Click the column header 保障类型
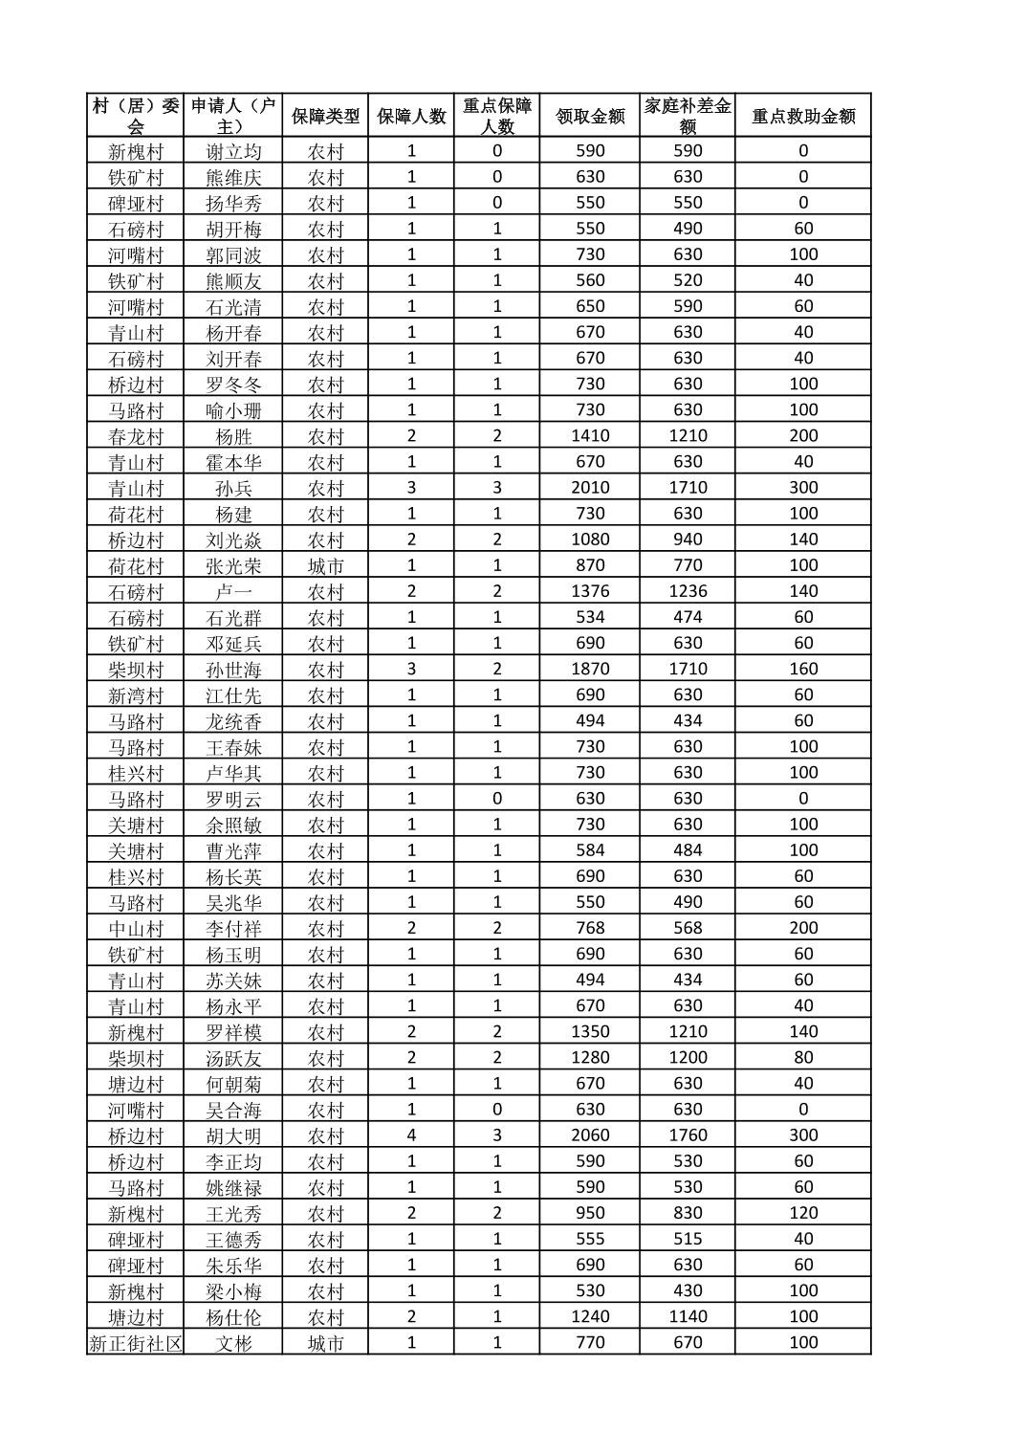325,116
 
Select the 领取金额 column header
590,116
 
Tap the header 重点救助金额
803,116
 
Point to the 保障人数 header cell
411,116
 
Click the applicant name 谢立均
233,151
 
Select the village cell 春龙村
136,436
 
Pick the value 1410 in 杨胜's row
590,436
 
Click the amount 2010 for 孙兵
590,488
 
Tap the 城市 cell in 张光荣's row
325,565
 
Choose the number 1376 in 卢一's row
590,591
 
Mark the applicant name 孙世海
233,670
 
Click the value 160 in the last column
803,670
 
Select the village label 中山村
136,928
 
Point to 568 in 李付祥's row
688,928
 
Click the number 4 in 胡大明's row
411,1135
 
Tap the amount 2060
590,1135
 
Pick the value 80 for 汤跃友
803,1058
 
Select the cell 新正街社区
136,1343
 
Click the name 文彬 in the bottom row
233,1343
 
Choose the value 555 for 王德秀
590,1239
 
